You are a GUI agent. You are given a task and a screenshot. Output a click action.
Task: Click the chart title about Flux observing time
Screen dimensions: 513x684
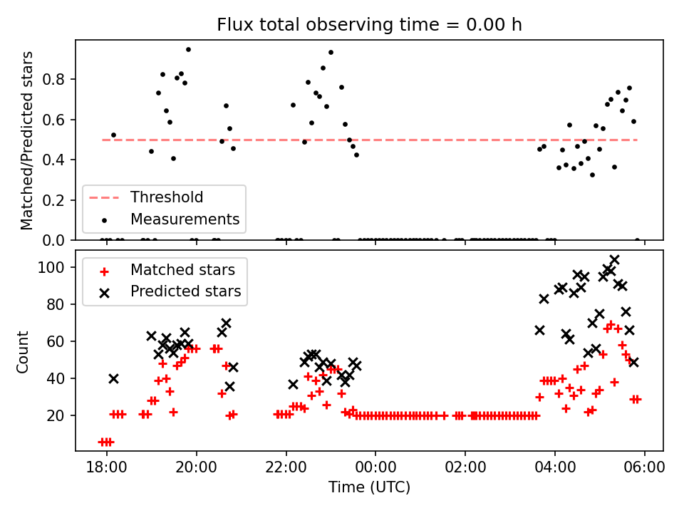369,25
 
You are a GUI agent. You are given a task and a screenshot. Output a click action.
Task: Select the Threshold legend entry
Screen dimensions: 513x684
166,197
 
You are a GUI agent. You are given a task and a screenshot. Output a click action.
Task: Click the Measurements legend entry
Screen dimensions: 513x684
184,218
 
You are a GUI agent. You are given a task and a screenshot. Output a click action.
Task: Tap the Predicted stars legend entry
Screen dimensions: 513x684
185,291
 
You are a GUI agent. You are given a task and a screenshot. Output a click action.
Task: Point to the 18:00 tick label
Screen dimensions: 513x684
107,469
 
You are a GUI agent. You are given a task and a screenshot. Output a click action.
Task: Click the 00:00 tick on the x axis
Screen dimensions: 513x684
375,469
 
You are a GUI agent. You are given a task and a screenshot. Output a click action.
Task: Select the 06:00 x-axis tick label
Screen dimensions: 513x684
645,469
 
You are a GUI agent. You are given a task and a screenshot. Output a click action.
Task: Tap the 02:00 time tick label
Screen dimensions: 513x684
465,469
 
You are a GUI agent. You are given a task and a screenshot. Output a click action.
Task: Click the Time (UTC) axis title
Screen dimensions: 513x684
369,488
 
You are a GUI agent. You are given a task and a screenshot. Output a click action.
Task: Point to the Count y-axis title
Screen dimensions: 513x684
24,351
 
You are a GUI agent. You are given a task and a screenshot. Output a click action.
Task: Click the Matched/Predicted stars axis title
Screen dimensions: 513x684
27,140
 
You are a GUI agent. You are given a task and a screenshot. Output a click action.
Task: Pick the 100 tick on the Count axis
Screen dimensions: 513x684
56,268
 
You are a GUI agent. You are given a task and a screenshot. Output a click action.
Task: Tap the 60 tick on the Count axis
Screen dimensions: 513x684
59,341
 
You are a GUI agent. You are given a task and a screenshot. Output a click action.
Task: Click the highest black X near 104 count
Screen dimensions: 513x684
614,260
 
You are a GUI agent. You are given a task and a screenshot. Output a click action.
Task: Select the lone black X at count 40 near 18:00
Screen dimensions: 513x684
113,378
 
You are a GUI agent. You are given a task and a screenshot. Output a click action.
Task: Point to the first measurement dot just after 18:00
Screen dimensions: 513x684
113,135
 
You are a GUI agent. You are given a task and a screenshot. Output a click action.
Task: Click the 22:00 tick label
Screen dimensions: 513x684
286,469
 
